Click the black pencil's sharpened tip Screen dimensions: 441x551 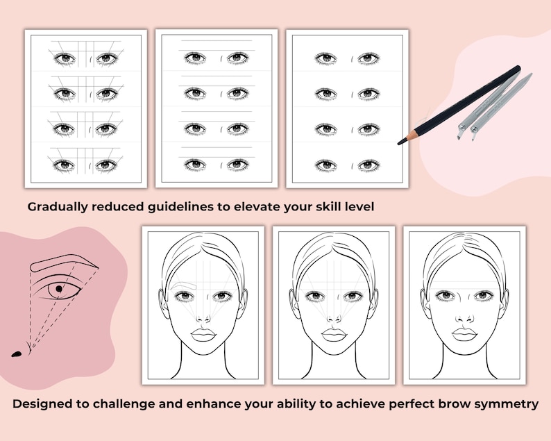(x=400, y=142)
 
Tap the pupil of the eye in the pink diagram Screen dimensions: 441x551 (x=58, y=287)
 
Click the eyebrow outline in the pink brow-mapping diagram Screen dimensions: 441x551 (x=66, y=263)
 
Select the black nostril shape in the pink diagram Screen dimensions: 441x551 (x=17, y=354)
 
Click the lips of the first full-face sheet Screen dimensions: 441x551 (x=203, y=334)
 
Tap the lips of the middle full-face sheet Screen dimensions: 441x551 (x=334, y=334)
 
